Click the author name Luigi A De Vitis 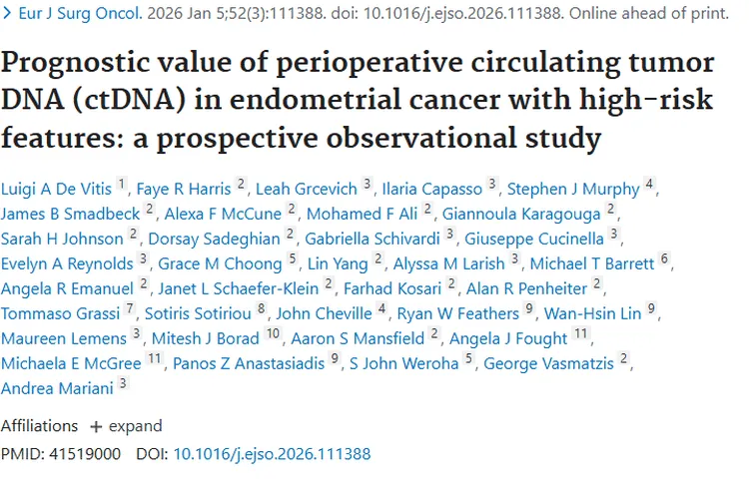tap(57, 188)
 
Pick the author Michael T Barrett tap(592, 262)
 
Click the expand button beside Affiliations tap(126, 426)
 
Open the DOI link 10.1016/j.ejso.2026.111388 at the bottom tap(272, 454)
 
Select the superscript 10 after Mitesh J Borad tap(274, 334)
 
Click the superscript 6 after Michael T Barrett tap(665, 259)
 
